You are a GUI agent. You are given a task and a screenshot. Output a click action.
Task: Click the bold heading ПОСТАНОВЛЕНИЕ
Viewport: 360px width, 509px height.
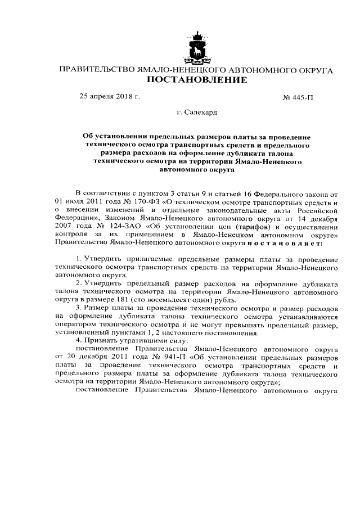[197, 80]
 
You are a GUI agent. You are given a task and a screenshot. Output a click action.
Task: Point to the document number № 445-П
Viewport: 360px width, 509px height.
[297, 97]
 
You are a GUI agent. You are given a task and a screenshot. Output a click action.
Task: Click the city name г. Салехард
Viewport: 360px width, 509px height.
[197, 112]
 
